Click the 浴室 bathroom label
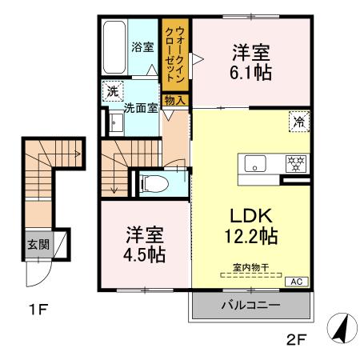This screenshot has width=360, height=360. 142,47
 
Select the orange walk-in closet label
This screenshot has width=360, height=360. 174,54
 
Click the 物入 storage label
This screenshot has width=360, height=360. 174,100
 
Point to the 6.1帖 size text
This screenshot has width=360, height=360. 251,72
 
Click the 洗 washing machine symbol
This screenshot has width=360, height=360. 111,91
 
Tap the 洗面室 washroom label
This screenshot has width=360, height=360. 141,106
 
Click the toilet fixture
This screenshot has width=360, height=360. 155,183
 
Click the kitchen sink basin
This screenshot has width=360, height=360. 255,166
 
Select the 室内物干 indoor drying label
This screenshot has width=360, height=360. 250,270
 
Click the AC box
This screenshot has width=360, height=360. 295,281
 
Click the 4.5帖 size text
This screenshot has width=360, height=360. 144,255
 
